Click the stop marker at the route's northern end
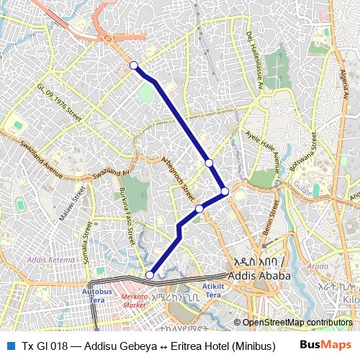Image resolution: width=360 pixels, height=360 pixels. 133,66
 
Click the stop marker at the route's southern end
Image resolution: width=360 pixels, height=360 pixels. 150,274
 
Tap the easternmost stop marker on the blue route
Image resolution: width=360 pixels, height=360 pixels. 225,191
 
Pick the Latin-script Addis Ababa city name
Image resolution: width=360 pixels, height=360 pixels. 258,276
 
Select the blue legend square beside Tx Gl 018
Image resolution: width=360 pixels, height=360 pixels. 9,345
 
